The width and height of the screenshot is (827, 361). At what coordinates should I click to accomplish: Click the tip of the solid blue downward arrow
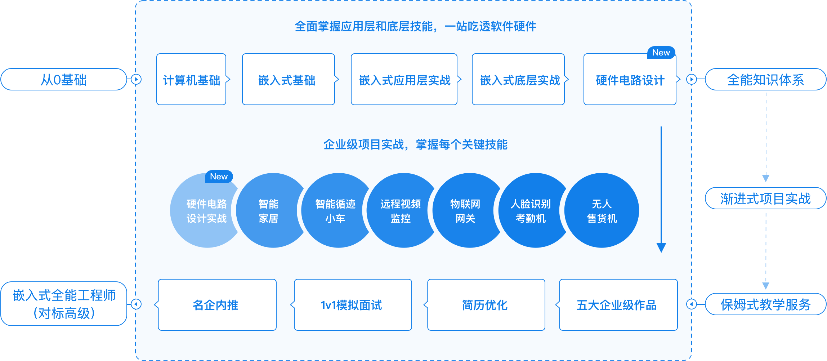coord(661,253)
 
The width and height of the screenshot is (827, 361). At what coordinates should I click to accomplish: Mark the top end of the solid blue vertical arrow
coord(661,127)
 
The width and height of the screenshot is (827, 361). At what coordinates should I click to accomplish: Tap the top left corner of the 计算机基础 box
coord(157,54)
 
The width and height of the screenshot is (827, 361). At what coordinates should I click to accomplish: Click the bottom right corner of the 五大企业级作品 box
coord(678,330)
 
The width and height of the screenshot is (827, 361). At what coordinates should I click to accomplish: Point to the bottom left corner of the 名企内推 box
coord(158,330)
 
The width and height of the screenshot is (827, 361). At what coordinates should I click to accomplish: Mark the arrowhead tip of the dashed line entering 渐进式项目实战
coord(766,182)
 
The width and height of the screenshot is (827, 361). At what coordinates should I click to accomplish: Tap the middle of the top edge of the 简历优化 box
coord(486,279)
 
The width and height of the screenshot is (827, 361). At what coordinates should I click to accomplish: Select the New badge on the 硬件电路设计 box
coord(661,53)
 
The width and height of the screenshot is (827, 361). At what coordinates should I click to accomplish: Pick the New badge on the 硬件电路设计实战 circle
coord(219,177)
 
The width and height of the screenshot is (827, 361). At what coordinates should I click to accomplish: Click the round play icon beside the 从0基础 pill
coord(136,79)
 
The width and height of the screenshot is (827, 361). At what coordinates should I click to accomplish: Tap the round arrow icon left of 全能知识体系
coord(692,79)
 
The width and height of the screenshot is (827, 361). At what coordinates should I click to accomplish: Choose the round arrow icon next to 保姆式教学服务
coord(692,304)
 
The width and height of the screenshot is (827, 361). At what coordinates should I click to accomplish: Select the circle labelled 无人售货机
coord(602,210)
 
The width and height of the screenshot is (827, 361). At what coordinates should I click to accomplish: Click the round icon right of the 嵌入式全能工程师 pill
coord(136,304)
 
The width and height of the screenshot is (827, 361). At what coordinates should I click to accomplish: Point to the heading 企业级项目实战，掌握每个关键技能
coord(415,145)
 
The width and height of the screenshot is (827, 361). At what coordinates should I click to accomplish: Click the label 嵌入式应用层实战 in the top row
coord(405,80)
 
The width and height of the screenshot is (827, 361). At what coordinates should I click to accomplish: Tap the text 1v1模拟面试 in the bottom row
coord(351,305)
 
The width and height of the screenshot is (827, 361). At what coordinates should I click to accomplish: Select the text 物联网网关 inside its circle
coord(465,211)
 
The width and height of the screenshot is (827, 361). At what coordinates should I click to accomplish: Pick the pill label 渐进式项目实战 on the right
coord(765,199)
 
